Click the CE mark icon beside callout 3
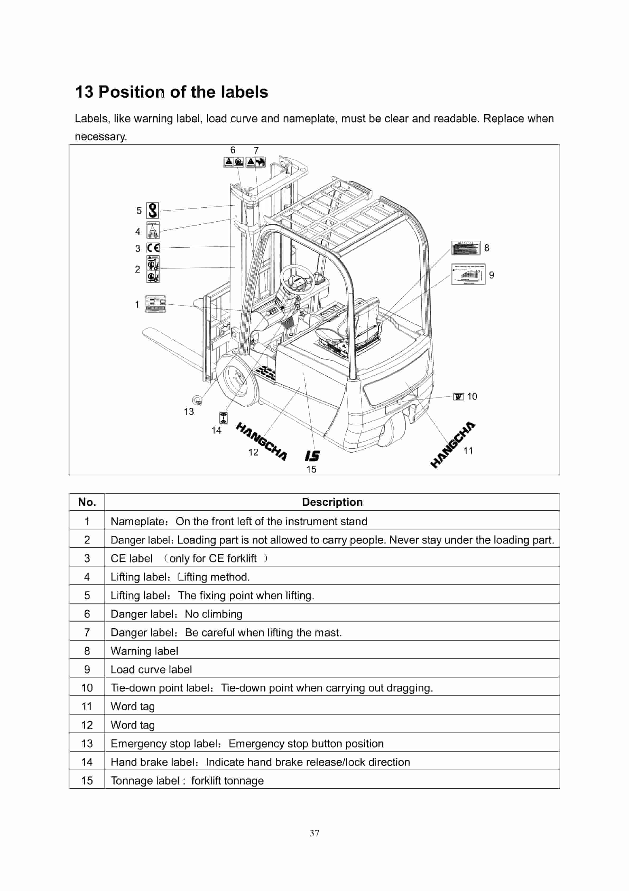point(153,248)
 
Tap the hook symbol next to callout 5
point(153,210)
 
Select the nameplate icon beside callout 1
point(155,304)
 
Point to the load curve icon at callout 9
point(468,274)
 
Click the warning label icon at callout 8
point(466,248)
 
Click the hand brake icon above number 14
point(223,418)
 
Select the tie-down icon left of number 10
point(458,396)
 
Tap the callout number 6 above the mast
point(233,150)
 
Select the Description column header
point(332,502)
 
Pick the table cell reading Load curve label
point(151,669)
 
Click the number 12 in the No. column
point(87,725)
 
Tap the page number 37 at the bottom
point(314,833)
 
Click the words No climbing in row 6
point(213,614)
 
